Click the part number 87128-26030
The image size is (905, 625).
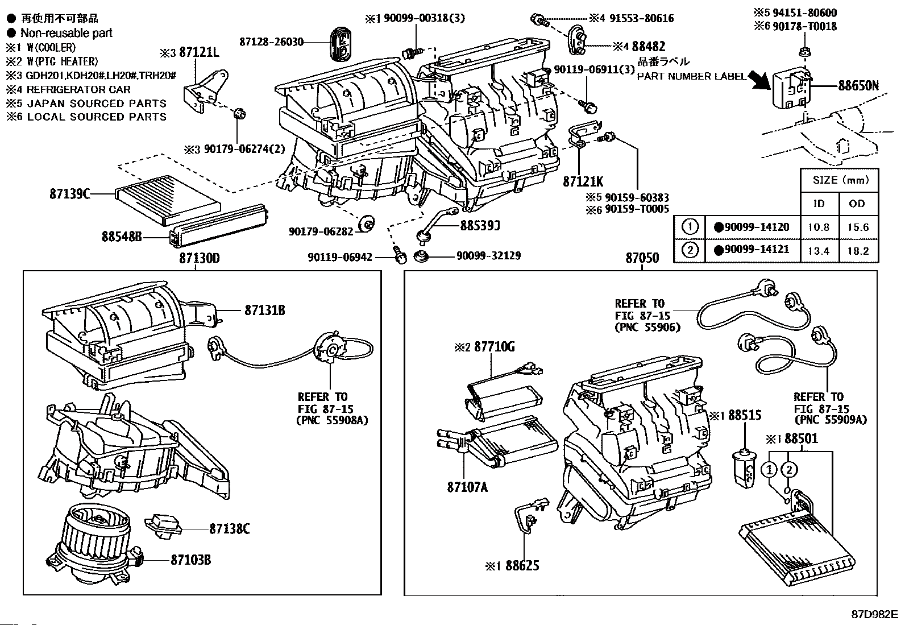pyautogui.click(x=271, y=42)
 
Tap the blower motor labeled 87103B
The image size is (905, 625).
pyautogui.click(x=94, y=546)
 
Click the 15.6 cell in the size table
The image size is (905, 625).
pyautogui.click(x=857, y=227)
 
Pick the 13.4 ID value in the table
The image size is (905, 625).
pyautogui.click(x=818, y=251)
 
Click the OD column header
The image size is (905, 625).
pyautogui.click(x=857, y=204)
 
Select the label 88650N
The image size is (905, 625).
pyautogui.click(x=858, y=86)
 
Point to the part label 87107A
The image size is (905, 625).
pyautogui.click(x=467, y=487)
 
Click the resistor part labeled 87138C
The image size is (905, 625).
pyautogui.click(x=164, y=525)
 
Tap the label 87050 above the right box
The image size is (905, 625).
pyautogui.click(x=642, y=258)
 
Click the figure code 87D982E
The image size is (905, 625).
pyautogui.click(x=874, y=615)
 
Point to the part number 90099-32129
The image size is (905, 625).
pyautogui.click(x=488, y=256)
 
